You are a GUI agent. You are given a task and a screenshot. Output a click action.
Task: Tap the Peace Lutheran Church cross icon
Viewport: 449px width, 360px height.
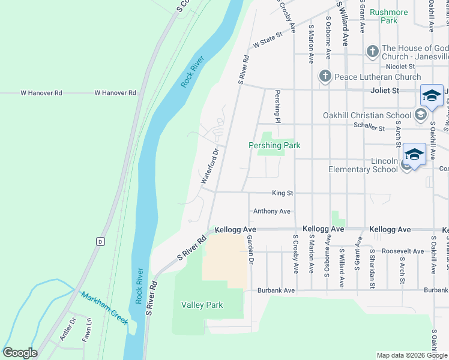tap(325, 76)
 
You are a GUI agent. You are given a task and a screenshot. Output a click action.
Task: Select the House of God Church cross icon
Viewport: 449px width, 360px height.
tap(372, 51)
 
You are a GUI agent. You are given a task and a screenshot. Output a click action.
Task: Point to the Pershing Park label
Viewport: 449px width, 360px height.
tap(274, 145)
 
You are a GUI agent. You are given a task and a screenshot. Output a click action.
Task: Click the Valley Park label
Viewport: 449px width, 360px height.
tap(202, 305)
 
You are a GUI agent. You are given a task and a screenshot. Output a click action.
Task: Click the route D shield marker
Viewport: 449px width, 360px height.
tap(100, 241)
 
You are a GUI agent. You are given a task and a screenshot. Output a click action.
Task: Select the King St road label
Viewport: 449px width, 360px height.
tap(282, 193)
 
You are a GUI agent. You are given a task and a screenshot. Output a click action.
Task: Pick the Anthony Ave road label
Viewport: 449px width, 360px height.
tap(271, 211)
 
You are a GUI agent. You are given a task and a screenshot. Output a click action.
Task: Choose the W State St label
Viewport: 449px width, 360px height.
tap(267, 41)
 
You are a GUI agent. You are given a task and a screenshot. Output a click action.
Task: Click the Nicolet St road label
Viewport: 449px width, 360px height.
tap(400, 66)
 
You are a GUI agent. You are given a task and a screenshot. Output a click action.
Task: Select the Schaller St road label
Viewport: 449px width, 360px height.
tap(369, 127)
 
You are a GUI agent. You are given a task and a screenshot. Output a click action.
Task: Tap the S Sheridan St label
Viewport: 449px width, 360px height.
tap(372, 268)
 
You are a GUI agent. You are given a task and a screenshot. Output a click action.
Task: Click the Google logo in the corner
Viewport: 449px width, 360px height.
tap(20, 353)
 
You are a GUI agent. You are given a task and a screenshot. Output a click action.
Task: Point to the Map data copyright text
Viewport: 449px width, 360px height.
tap(411, 355)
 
